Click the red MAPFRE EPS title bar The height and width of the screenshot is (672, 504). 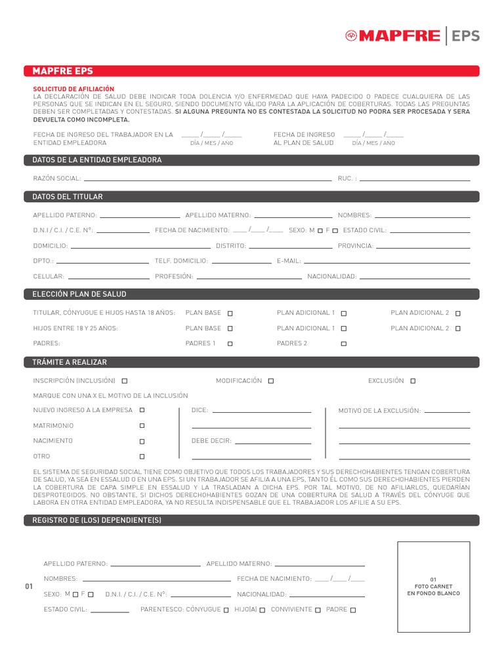click(x=251, y=71)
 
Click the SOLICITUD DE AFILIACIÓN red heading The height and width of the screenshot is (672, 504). click(x=73, y=89)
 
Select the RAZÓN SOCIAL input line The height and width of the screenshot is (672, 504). click(x=207, y=178)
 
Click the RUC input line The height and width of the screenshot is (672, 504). click(x=415, y=178)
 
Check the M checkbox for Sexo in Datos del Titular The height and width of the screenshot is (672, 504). click(x=320, y=231)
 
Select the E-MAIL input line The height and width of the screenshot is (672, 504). click(x=387, y=261)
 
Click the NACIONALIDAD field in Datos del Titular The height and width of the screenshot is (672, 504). click(x=415, y=276)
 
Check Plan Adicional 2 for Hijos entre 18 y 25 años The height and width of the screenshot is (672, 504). click(x=458, y=329)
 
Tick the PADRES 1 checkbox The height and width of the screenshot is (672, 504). click(x=230, y=344)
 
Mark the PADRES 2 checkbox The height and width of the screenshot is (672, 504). click(x=344, y=344)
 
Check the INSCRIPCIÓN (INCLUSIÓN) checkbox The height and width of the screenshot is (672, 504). click(x=125, y=381)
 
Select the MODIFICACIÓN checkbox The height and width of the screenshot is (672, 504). click(x=271, y=381)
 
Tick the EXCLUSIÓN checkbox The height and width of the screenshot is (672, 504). click(x=413, y=381)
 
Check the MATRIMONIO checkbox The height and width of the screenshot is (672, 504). click(x=142, y=426)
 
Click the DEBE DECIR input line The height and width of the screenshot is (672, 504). click(x=272, y=442)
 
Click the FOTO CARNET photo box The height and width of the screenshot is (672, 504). click(x=433, y=587)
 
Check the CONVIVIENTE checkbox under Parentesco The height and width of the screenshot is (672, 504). click(x=318, y=610)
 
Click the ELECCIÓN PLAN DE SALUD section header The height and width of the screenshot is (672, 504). click(x=251, y=294)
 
